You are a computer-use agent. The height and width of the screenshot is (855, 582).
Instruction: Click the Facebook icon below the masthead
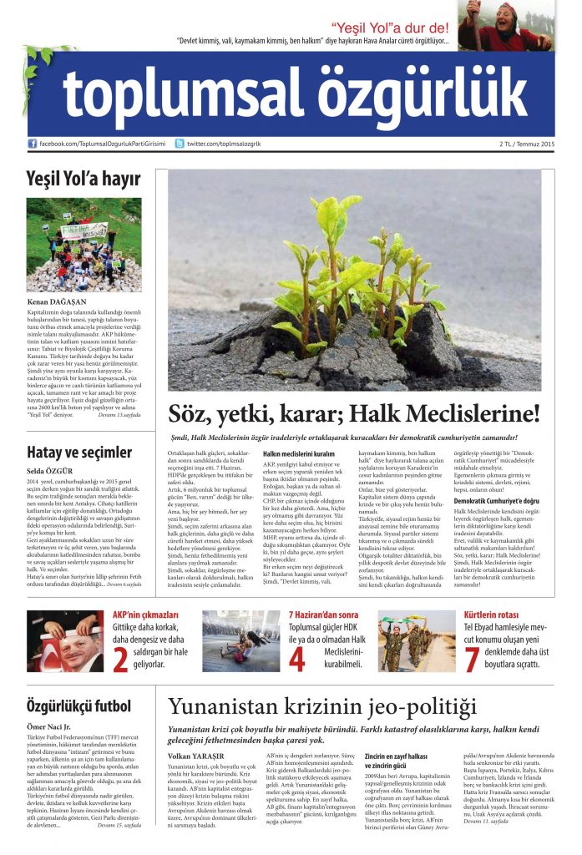pos(33,144)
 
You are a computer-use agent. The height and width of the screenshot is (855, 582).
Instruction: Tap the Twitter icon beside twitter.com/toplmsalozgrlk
pos(180,144)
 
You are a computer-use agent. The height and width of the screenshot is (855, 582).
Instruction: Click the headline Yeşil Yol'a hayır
pos(83,178)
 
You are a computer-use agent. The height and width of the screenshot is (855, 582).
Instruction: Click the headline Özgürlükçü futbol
pos(78,706)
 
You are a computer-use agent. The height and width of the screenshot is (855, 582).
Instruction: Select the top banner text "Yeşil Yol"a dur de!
pos(390,28)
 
